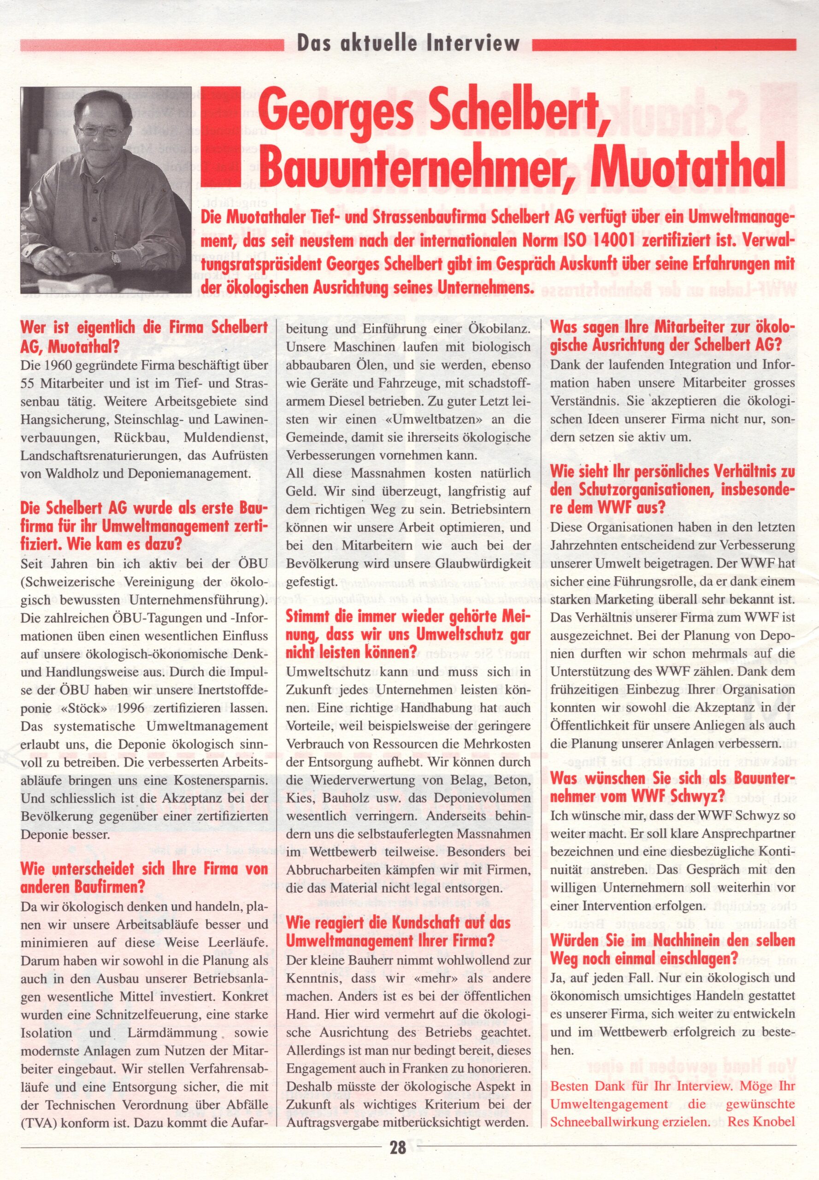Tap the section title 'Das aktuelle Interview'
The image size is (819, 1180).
(408, 45)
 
